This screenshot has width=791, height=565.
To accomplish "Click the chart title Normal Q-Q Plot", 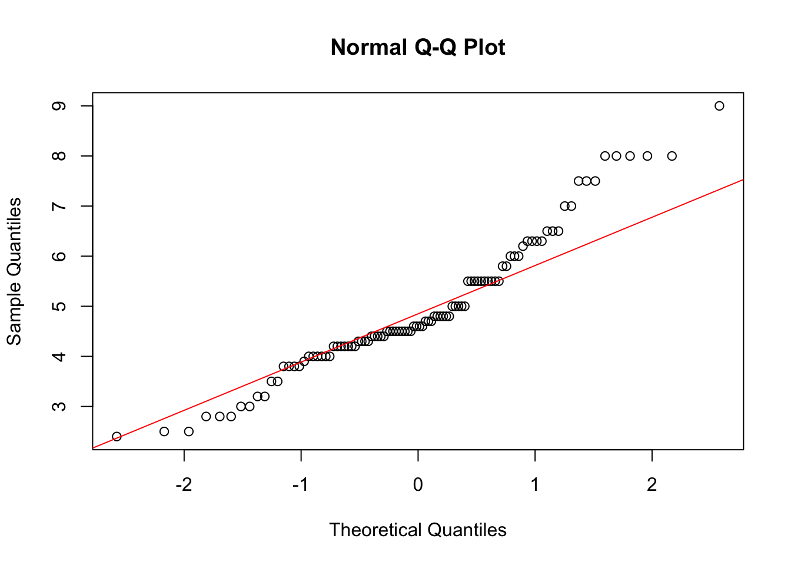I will coord(418,48).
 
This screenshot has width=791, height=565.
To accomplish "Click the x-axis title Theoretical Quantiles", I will coord(418,530).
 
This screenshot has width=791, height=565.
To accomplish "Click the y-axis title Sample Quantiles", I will coord(14,271).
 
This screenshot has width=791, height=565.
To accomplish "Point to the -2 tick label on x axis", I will coord(184,485).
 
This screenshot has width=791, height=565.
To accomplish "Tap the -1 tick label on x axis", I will coord(301,485).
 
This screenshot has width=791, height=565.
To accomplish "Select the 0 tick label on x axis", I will coord(418,485).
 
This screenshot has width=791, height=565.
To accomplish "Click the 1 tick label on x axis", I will coord(535,485).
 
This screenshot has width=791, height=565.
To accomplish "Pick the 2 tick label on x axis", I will coord(652,485).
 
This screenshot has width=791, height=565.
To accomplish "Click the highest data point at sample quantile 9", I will coord(719,106).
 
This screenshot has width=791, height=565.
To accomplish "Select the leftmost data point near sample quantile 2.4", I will coord(117,436).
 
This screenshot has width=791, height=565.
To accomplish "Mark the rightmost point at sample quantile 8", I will coord(672,156).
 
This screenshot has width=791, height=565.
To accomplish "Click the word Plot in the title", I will coord(484,48).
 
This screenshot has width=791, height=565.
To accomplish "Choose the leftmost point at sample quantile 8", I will coord(605,156).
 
